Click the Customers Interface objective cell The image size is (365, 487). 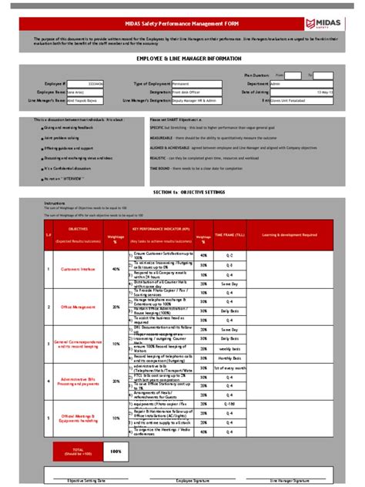coord(77,269)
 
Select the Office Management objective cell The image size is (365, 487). coord(77,306)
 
